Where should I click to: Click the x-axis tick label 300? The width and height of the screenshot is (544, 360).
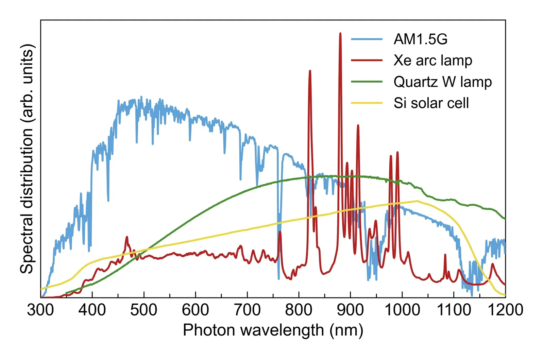coord(40,310)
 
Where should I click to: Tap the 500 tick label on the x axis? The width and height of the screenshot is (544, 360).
coord(144,310)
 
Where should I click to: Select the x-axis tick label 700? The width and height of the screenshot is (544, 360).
coord(247,310)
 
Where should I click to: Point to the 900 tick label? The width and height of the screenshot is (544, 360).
coord(350,310)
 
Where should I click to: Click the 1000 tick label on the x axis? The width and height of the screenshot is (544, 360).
coord(402,310)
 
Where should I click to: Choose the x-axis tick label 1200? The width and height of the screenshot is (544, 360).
coord(505,310)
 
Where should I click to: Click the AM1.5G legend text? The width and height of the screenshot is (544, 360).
coord(420,39)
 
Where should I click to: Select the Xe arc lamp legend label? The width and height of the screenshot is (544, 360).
coord(432,61)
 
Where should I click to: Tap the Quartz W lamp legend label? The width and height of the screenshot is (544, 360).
coord(442,82)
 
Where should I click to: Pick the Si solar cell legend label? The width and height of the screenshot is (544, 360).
coord(431,103)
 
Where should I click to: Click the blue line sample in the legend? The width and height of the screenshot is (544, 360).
coord(367,39)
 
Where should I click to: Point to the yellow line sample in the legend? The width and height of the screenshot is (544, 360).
coord(367,103)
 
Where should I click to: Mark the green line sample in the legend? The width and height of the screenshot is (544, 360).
coord(367,82)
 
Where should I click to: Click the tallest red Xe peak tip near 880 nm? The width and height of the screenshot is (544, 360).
coord(340,33)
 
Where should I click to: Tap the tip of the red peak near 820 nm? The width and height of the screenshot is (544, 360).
coord(310,71)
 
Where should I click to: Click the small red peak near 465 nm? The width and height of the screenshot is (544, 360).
coord(127,237)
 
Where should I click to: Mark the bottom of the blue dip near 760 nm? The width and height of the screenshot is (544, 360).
coord(278,278)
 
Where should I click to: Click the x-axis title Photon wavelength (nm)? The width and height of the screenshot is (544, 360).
coord(273,330)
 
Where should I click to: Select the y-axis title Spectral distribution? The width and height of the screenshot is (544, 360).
coord(27,158)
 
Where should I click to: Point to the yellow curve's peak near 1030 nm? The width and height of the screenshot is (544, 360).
coord(417,201)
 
